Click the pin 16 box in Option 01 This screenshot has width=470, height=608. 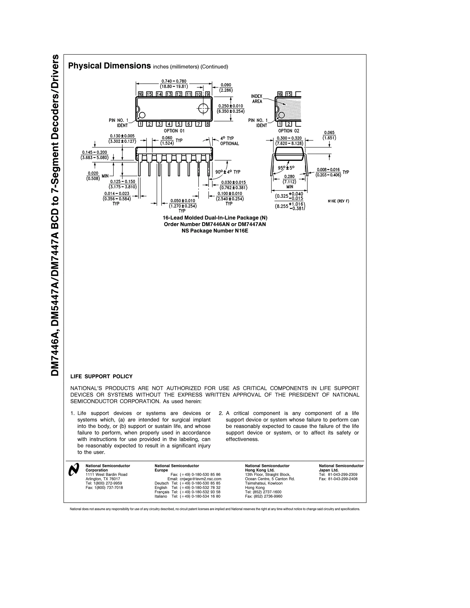pos(141,94)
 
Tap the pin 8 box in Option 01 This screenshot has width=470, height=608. pos(207,124)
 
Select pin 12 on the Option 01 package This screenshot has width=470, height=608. pos(179,94)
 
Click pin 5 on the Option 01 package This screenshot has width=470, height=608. pos(179,124)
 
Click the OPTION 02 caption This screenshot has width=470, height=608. pos(289,131)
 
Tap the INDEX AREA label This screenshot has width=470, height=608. pos(257,99)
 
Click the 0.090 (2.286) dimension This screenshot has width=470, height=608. pos(226,87)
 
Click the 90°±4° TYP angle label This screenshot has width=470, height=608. pos(228,172)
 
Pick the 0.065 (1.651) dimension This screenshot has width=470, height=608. pos(329,135)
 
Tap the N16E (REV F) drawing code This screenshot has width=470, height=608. pos(338,201)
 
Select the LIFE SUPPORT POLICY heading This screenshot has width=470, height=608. pos(101,376)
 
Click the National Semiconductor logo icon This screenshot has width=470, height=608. pos(74,470)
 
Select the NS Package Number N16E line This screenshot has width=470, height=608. pos(215,231)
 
